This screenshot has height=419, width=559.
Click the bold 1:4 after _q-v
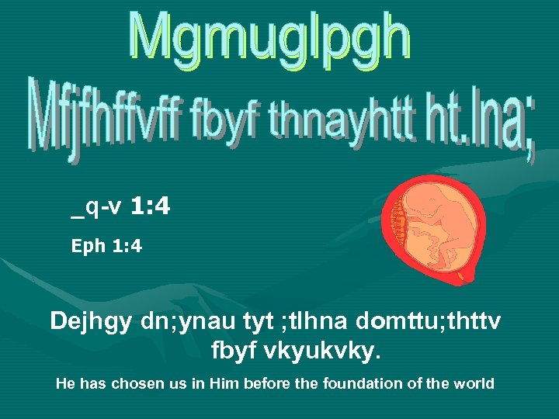(x=151, y=206)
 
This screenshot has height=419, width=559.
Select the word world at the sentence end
(x=476, y=383)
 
